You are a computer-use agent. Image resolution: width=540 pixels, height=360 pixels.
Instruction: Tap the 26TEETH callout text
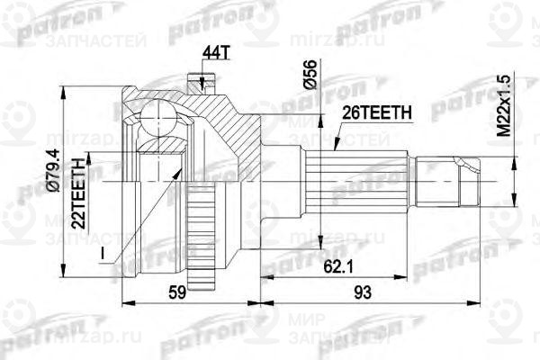coord(376,112)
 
